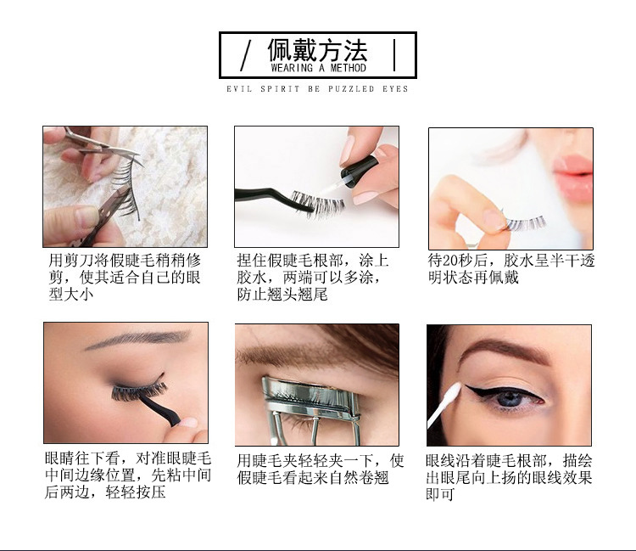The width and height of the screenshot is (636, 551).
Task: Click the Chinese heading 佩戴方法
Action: pos(318,49)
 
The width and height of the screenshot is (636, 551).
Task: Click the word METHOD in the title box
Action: pos(347,68)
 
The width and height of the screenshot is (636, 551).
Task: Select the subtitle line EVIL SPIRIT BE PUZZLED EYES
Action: pos(317,88)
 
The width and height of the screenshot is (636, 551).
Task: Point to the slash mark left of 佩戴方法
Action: pos(246,54)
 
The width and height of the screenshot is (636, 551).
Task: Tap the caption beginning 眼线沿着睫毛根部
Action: pos(509,476)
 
